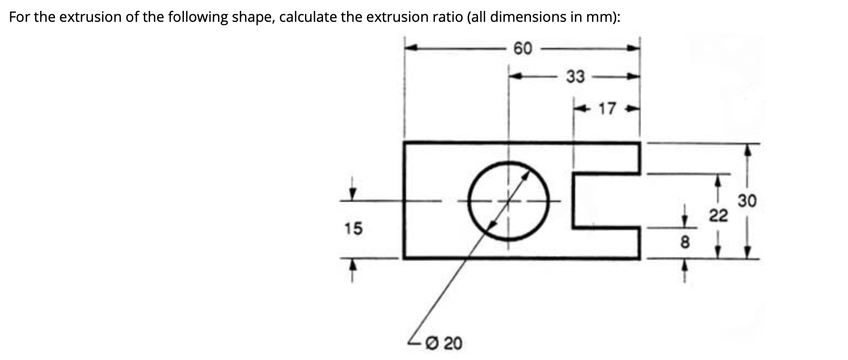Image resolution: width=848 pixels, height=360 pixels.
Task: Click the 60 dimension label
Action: point(522,49)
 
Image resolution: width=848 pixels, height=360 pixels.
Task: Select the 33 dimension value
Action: point(574,77)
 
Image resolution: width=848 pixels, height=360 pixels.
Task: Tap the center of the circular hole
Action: point(510,201)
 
